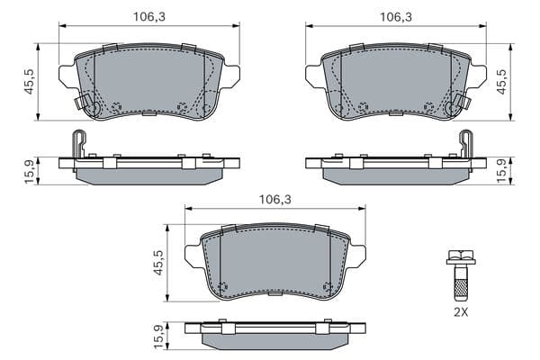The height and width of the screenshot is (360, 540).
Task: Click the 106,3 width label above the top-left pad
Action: point(149,16)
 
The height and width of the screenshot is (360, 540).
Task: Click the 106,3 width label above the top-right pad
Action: point(396,16)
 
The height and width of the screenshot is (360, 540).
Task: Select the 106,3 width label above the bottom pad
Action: point(275,199)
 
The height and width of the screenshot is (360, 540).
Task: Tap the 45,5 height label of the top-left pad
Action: point(29,81)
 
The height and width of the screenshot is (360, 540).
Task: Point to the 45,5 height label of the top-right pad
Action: point(502,81)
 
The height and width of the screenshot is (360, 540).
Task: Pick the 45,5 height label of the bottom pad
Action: point(158,262)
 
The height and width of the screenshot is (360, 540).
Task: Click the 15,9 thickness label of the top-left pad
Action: point(30,171)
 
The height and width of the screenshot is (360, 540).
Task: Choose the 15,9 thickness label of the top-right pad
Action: point(503,171)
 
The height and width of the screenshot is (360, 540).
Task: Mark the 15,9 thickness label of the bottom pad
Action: point(159,337)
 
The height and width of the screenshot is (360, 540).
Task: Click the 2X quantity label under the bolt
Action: point(461,312)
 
